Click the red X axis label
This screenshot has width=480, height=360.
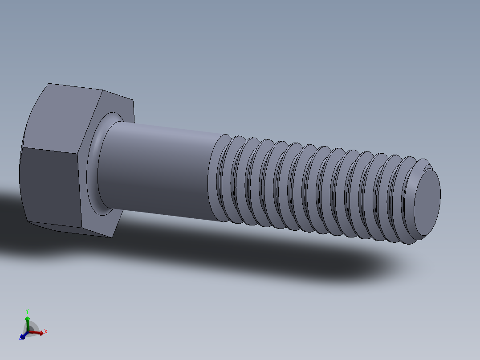(45, 331)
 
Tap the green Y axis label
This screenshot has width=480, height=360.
(27, 311)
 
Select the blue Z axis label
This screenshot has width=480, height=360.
(20, 337)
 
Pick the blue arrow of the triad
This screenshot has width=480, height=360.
(23, 335)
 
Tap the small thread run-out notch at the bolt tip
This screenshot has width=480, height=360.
(429, 168)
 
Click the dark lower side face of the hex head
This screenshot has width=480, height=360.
(49, 187)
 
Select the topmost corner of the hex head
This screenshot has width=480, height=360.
(48, 83)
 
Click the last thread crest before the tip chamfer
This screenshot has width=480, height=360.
(403, 200)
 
